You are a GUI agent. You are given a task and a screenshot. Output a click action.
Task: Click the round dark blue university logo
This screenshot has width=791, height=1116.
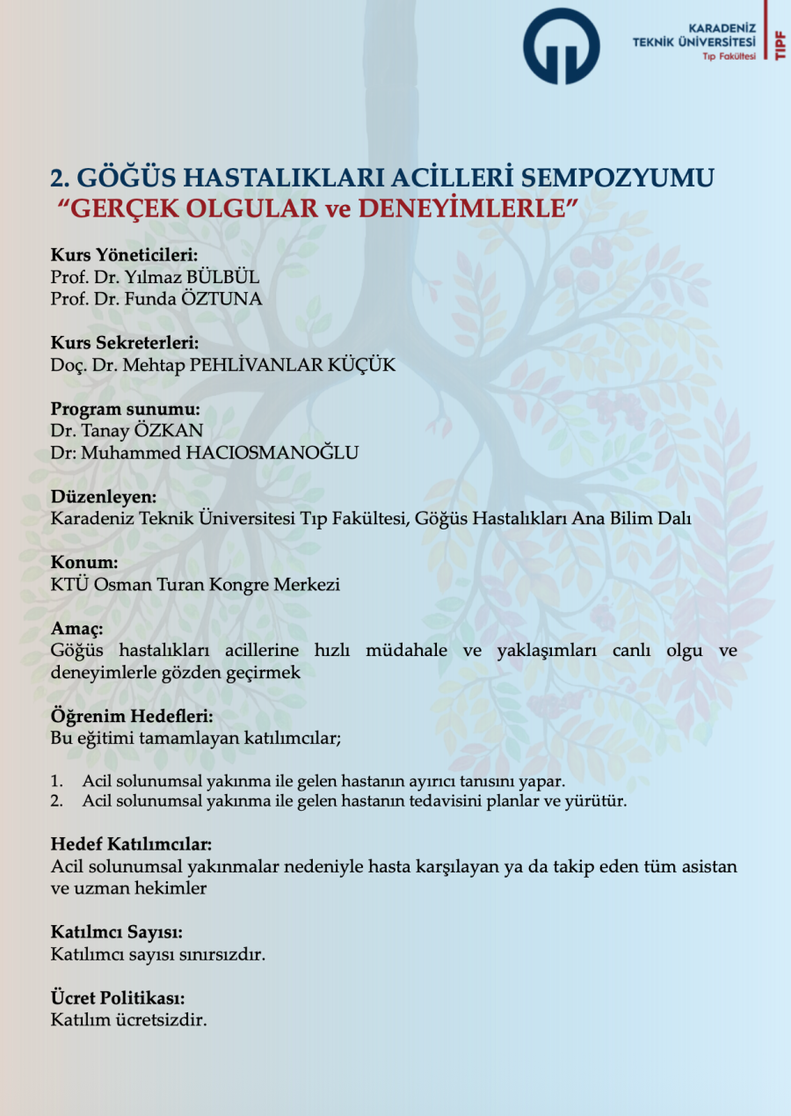point(561,47)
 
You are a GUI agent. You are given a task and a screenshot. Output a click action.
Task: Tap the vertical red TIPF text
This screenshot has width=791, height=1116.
point(780,44)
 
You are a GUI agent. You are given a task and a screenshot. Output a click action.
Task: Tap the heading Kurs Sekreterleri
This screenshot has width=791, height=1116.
point(124,343)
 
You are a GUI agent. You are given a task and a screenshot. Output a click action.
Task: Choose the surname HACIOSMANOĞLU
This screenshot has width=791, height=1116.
point(260,453)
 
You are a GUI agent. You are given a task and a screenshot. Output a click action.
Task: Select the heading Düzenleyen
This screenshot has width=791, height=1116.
point(103,497)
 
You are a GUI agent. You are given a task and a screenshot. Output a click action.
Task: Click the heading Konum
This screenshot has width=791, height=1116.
point(83,563)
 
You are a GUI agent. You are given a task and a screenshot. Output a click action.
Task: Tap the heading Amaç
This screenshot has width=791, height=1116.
point(77,630)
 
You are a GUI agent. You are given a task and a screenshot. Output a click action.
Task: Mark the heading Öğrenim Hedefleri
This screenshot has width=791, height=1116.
point(132,717)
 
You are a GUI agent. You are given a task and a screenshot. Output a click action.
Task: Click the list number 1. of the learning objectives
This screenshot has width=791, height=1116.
point(57,781)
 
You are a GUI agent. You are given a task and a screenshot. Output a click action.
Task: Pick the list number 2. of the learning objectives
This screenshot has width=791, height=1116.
point(57,801)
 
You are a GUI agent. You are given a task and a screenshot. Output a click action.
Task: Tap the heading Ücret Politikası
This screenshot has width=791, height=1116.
point(118,999)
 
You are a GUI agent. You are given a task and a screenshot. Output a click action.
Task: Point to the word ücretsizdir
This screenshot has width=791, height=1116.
point(167,1021)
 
